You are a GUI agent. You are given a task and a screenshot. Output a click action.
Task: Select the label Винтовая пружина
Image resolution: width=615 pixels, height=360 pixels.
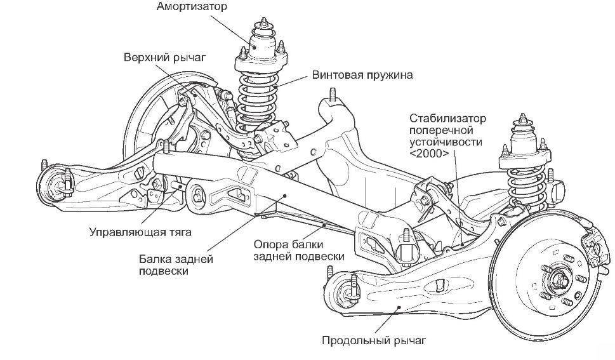[362, 75]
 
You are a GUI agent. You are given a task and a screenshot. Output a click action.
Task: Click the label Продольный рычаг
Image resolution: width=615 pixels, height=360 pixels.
[373, 340]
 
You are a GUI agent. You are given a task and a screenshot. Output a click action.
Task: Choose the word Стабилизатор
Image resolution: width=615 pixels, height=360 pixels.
[447, 118]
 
